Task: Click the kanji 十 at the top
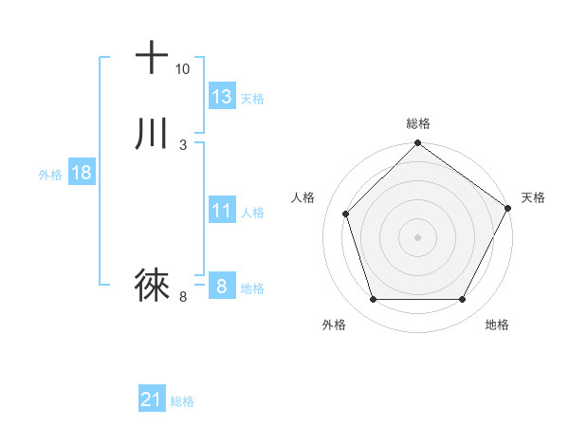click(x=152, y=57)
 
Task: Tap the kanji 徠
click(x=152, y=284)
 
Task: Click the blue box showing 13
click(x=222, y=96)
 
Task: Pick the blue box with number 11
click(x=222, y=211)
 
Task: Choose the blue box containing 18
click(x=81, y=173)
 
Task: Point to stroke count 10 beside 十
click(x=182, y=69)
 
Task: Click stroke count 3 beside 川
click(x=182, y=145)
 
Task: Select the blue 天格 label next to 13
click(x=252, y=98)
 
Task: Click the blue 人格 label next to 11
click(x=252, y=213)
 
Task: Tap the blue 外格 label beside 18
click(x=50, y=175)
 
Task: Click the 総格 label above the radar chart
click(x=418, y=123)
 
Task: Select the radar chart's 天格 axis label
click(x=533, y=197)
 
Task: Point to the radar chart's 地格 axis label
click(x=497, y=325)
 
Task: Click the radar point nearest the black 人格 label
click(x=346, y=214)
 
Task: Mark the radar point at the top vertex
click(x=417, y=144)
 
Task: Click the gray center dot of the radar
click(x=417, y=236)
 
